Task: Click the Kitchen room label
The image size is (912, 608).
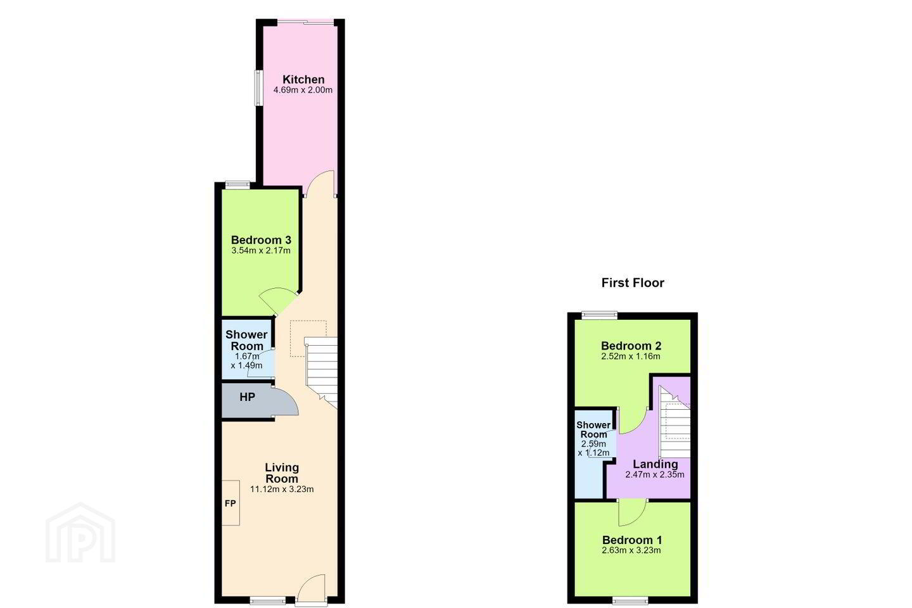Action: coord(303,79)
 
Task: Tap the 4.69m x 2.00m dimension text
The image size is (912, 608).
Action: coord(303,90)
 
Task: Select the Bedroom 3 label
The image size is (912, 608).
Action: coord(261,240)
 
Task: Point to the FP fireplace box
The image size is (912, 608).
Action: coord(231,503)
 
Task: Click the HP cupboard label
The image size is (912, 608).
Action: coord(247,397)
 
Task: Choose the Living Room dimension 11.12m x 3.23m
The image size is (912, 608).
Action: coord(282,489)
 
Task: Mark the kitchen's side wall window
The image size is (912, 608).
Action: coord(258,88)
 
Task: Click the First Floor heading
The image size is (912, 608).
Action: coord(633,282)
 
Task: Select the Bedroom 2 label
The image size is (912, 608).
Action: coord(631,346)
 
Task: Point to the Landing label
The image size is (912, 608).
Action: coord(655,464)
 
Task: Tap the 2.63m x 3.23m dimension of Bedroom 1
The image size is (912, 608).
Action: coord(631,550)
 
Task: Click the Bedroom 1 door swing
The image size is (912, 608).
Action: coord(632,512)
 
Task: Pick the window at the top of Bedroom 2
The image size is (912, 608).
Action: coord(599,315)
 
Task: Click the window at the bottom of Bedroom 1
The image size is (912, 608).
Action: coord(630,600)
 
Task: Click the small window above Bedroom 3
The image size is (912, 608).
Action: coord(238,184)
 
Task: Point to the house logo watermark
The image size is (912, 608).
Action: coord(80,533)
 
